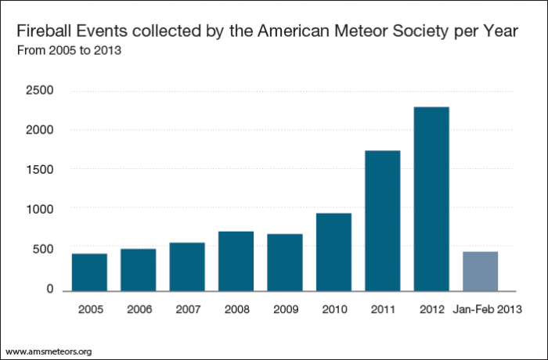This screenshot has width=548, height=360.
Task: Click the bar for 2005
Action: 89,272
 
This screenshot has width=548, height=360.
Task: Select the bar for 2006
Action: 138,269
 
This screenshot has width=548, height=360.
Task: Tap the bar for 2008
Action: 236,261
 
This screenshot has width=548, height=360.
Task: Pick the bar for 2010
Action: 333,251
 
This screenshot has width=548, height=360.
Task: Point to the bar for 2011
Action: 382,220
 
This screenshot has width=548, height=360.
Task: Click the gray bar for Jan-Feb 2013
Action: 480,271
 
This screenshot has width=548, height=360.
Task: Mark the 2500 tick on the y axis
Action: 39,90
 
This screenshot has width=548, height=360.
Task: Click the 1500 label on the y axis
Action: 39,169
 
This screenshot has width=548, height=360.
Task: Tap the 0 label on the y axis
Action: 49,290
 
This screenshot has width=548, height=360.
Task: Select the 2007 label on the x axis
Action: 187,309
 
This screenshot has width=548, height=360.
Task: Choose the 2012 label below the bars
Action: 431,309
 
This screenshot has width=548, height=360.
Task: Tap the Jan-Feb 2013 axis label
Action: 489,309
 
